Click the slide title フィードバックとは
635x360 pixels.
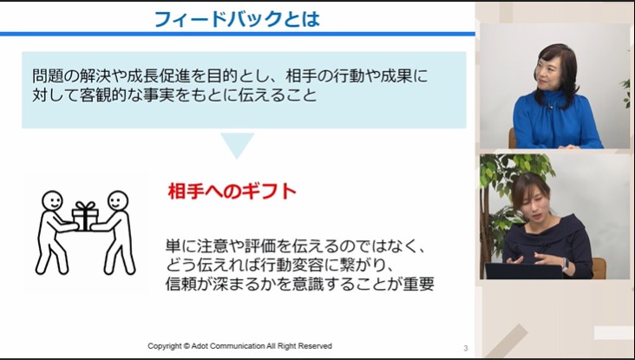[236, 18]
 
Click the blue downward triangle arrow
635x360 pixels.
[237, 145]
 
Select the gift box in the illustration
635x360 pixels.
[85, 216]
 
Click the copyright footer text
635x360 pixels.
[239, 346]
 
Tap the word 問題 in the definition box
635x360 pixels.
[46, 75]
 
